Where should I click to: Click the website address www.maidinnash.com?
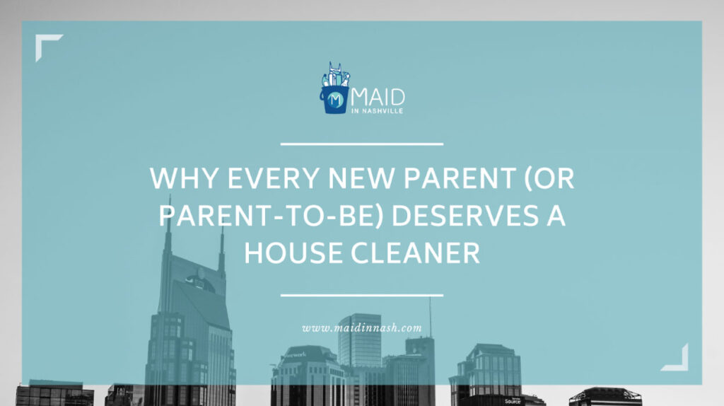point(362,328)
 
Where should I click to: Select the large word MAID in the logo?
point(378,97)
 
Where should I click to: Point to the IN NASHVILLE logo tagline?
point(380,111)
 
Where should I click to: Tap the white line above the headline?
point(362,144)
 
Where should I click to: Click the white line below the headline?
point(362,295)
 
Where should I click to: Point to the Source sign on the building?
point(513,401)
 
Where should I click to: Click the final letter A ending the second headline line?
point(556,216)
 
